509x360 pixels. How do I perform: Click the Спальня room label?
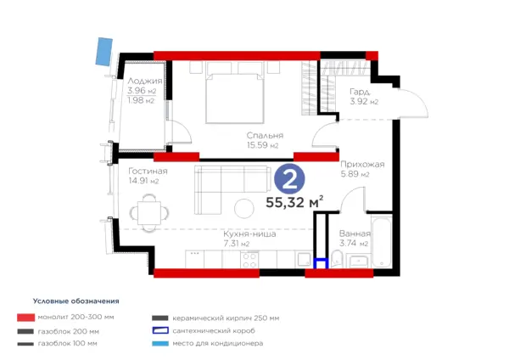coord(265,135)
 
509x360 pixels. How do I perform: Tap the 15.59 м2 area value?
coord(262,145)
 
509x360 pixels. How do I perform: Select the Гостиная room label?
coord(148,171)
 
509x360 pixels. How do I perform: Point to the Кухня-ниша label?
coord(249,234)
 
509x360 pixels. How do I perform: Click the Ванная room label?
coord(355,233)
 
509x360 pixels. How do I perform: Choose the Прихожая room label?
coord(362,165)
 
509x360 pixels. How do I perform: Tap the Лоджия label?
coord(145,81)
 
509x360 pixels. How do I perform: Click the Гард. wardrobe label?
coord(360,92)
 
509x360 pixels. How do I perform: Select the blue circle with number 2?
coord(289,179)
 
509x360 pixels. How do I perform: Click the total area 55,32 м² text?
coord(294,202)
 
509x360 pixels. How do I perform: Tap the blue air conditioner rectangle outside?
coord(104,52)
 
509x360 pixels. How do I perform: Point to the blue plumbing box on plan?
coord(321,263)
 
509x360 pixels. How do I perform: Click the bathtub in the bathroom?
coord(382,243)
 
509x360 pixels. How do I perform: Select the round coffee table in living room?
coord(244,208)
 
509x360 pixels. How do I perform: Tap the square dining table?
coord(149,213)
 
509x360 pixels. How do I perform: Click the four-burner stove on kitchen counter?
coord(249,261)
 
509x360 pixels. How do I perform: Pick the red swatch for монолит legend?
coord(26,318)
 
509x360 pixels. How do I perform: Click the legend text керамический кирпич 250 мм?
coord(226,318)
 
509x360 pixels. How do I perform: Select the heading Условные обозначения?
coord(76,301)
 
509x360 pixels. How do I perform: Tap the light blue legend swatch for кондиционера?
coord(160,343)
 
